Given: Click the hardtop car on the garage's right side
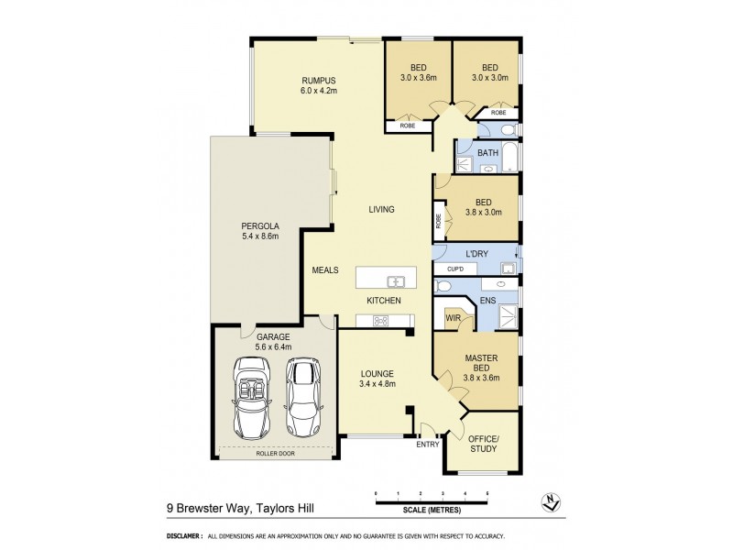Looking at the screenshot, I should pyautogui.click(x=303, y=396).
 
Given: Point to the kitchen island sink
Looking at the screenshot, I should pyautogui.click(x=396, y=281).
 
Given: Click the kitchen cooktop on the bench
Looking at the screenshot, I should pyautogui.click(x=380, y=320).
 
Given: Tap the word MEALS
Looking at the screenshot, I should pyautogui.click(x=325, y=270).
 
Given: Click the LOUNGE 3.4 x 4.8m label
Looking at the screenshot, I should pyautogui.click(x=377, y=379).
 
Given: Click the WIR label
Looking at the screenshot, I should pyautogui.click(x=453, y=318).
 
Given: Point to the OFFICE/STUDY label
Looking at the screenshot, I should pyautogui.click(x=482, y=444).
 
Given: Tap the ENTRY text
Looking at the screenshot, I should pyautogui.click(x=427, y=445).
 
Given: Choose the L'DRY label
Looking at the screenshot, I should pyautogui.click(x=477, y=253).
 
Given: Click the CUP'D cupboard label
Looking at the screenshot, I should pyautogui.click(x=455, y=269).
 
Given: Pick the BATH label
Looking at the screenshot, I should pyautogui.click(x=487, y=152).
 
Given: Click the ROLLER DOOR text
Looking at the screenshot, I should pyautogui.click(x=276, y=452).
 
